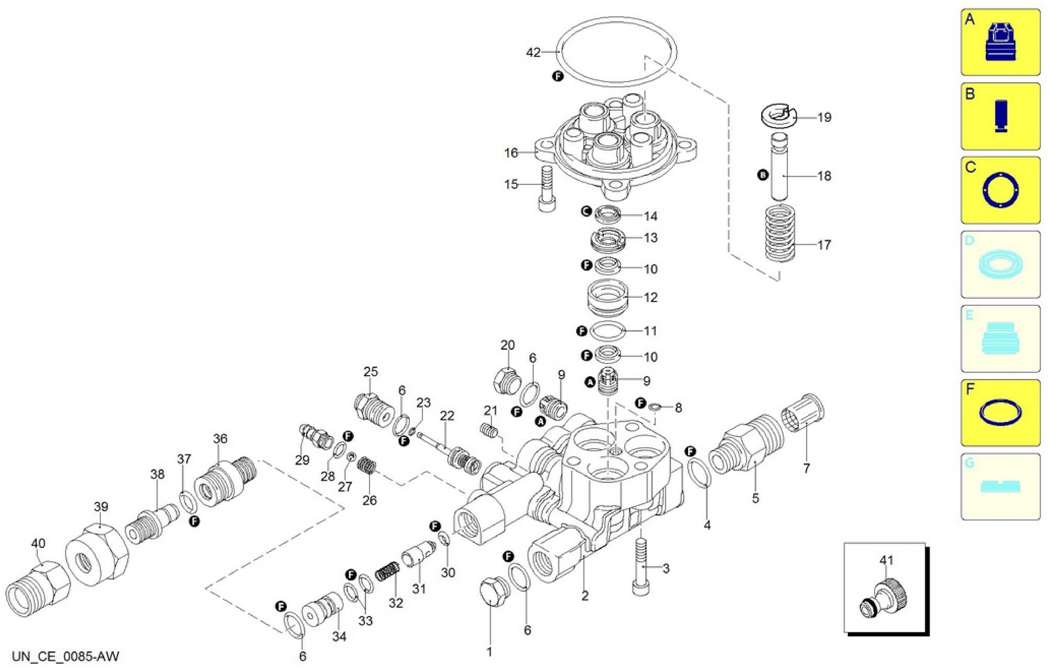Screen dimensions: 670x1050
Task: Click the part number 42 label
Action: click(x=533, y=52)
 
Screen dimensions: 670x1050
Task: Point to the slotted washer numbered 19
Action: click(x=778, y=116)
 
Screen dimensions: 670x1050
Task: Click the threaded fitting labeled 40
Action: click(x=38, y=584)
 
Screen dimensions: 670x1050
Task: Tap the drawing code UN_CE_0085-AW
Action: click(x=65, y=656)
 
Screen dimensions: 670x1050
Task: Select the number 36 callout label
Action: click(x=220, y=439)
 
